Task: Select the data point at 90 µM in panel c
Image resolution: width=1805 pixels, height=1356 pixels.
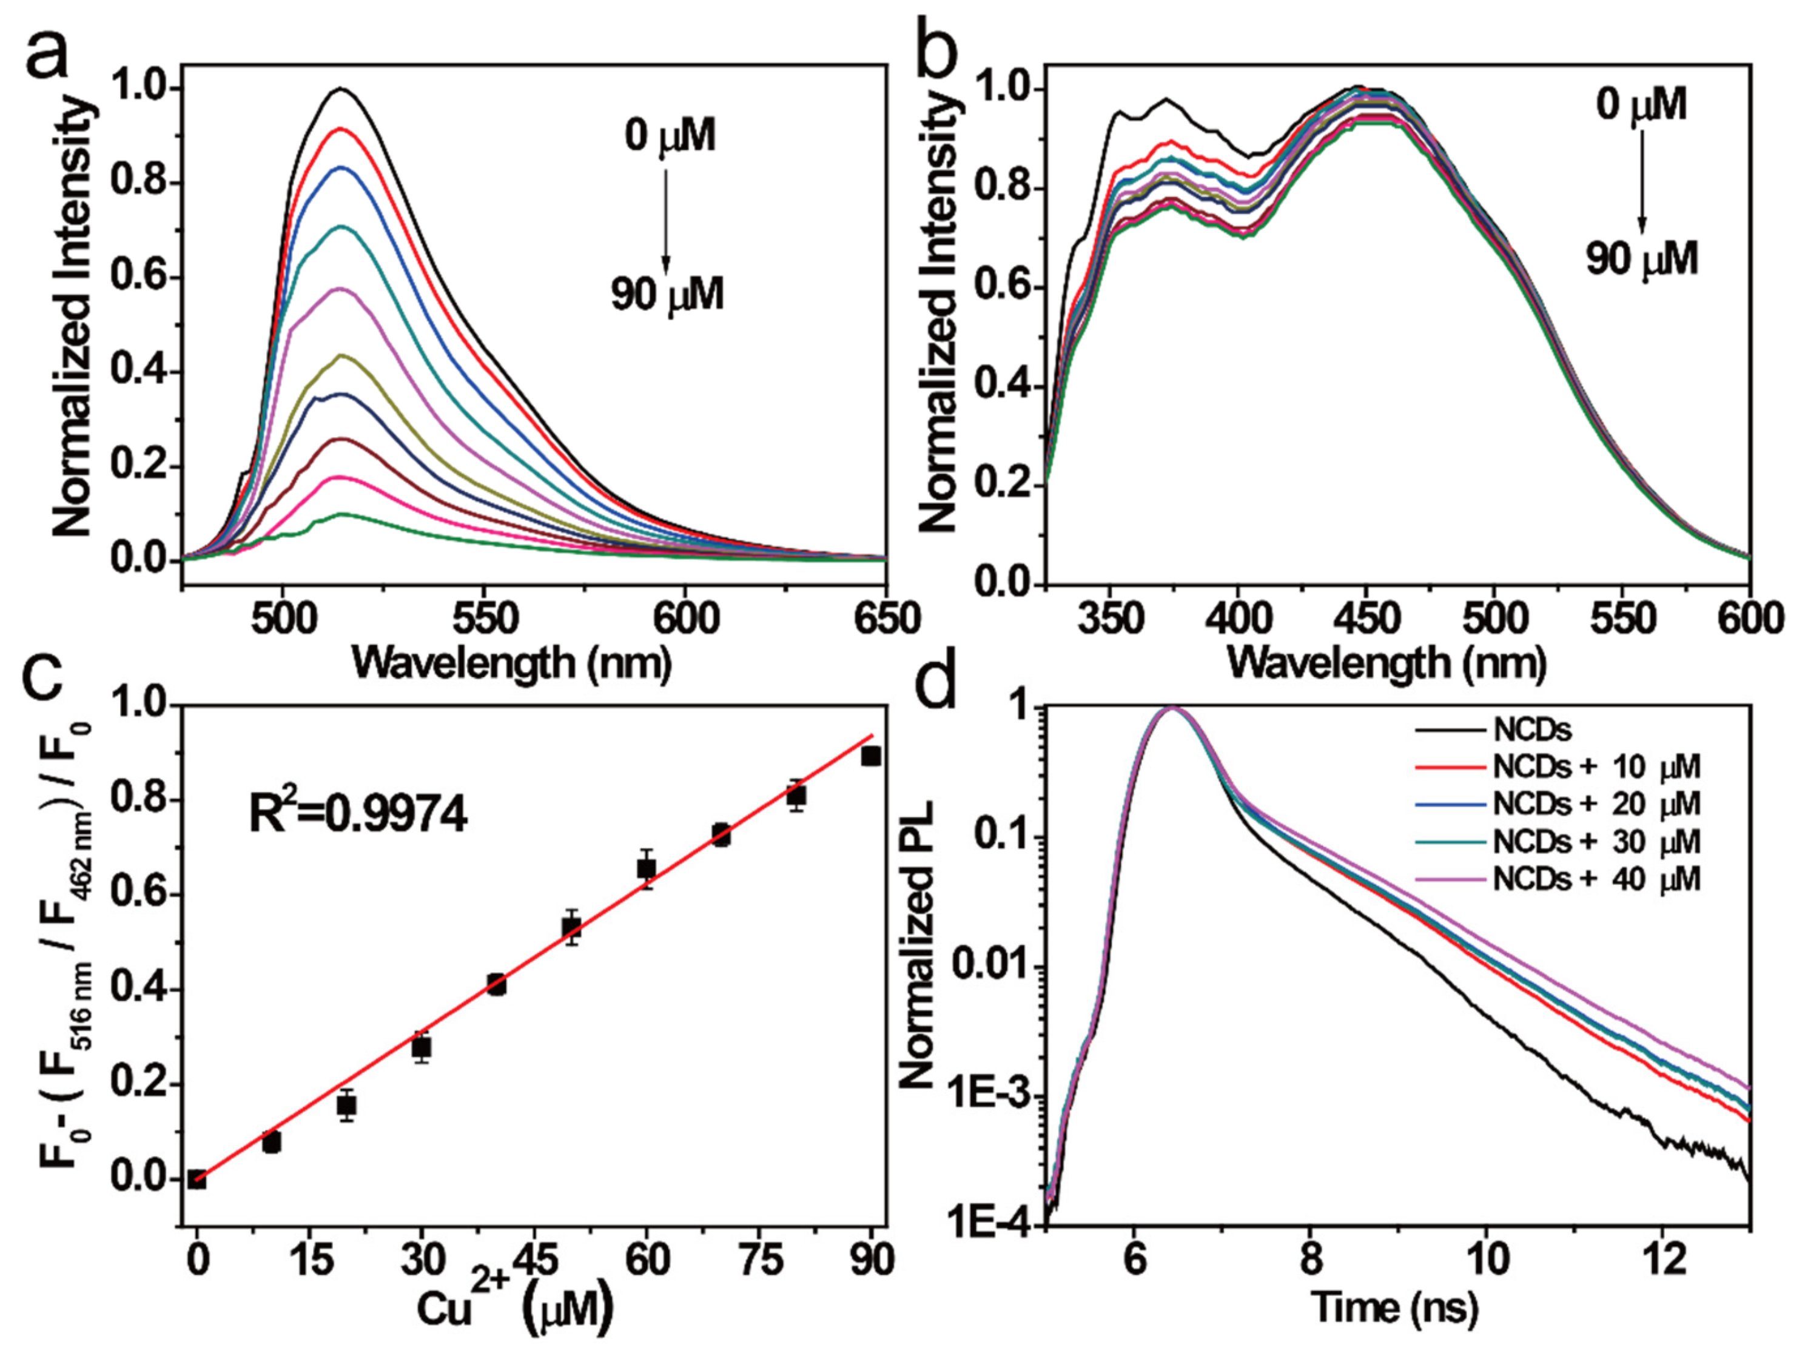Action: point(872,756)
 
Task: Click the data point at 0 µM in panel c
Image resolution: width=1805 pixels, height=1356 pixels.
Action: point(197,1179)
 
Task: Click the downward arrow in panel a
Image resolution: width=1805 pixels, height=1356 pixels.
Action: point(665,220)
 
